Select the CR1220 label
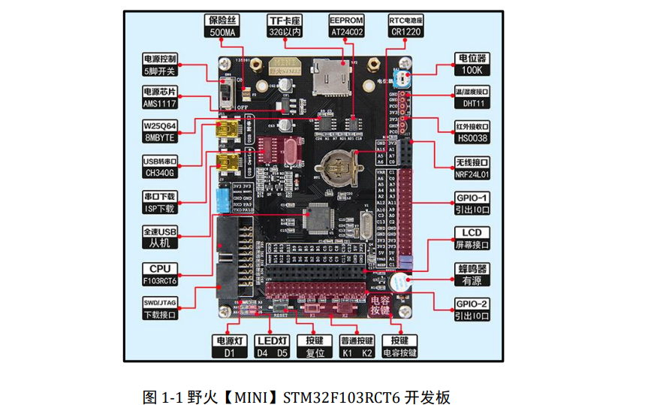click(405, 33)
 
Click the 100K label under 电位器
click(472, 70)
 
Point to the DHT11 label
click(472, 104)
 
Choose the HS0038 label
click(472, 138)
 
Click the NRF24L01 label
click(472, 174)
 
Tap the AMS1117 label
click(160, 104)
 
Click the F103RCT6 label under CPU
click(160, 280)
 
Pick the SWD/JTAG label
click(160, 303)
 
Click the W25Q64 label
click(160, 125)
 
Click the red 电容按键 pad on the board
click(380, 304)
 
